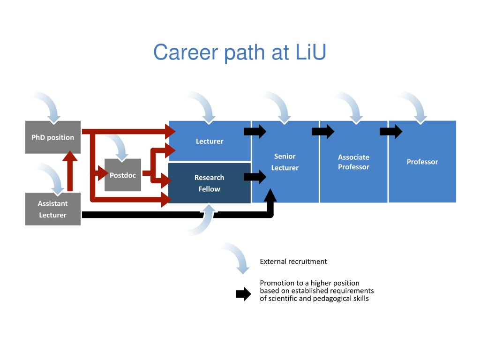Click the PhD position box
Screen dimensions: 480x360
pos(52,137)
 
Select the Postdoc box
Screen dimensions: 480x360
pos(123,175)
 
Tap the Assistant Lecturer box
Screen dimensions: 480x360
pos(52,209)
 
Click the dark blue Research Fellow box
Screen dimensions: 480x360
pos(210,183)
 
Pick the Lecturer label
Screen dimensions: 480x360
pos(210,142)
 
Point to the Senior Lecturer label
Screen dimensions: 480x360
pos(285,162)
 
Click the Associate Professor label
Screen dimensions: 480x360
pos(353,162)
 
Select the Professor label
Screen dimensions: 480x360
pos(422,162)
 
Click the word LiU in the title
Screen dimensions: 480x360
pos(311,52)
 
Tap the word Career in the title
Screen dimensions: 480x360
pos(186,52)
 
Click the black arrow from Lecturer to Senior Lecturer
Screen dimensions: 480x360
pos(255,132)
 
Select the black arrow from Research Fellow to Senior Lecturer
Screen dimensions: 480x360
pos(255,177)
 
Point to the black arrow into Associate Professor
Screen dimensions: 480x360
pos(323,132)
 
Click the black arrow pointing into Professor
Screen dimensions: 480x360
pos(391,132)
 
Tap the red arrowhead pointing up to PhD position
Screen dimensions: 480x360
pos(70,156)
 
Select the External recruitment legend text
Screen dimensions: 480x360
pos(293,262)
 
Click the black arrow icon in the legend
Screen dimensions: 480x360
pos(244,294)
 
